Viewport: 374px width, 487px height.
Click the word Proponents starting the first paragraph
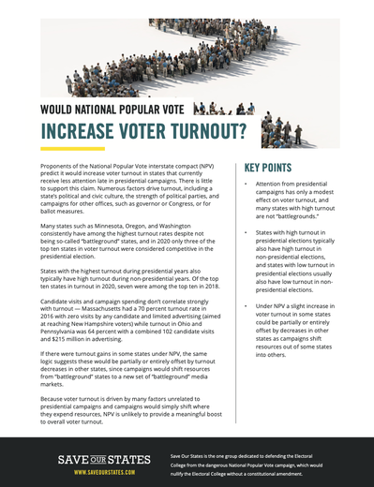tap(58, 166)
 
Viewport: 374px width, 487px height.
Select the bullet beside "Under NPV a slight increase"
tap(246, 307)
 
